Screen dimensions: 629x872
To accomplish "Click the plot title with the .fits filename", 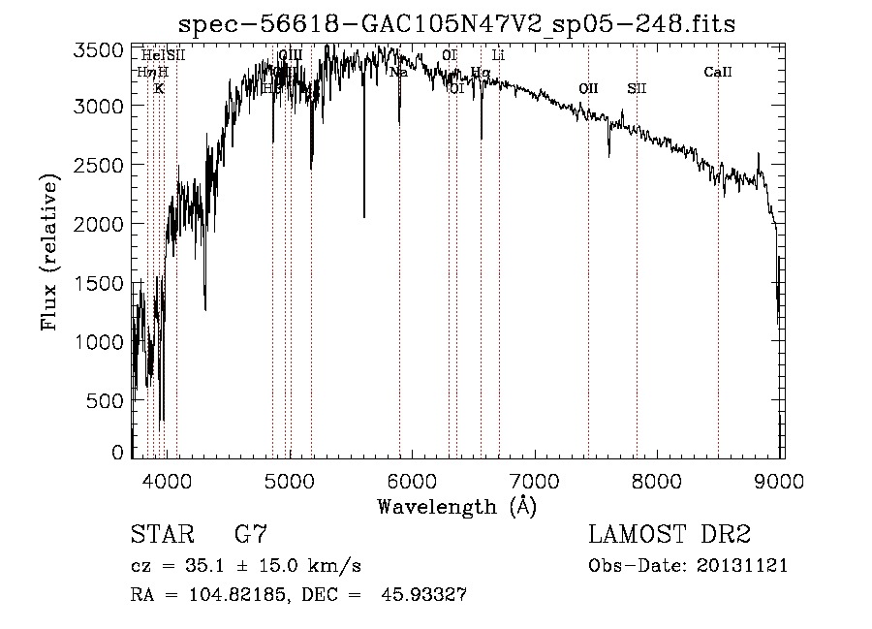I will pos(463,25).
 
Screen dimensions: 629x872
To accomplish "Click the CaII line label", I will pos(718,72).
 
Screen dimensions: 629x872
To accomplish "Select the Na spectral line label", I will pos(398,72).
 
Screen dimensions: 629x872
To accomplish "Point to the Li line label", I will pos(498,56).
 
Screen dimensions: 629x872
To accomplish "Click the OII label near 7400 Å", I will pos(588,88).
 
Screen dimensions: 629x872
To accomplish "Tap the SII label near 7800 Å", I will pos(637,88).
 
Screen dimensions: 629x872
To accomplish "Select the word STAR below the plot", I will pos(162,535).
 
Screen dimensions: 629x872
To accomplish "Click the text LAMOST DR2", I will pos(670,535).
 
